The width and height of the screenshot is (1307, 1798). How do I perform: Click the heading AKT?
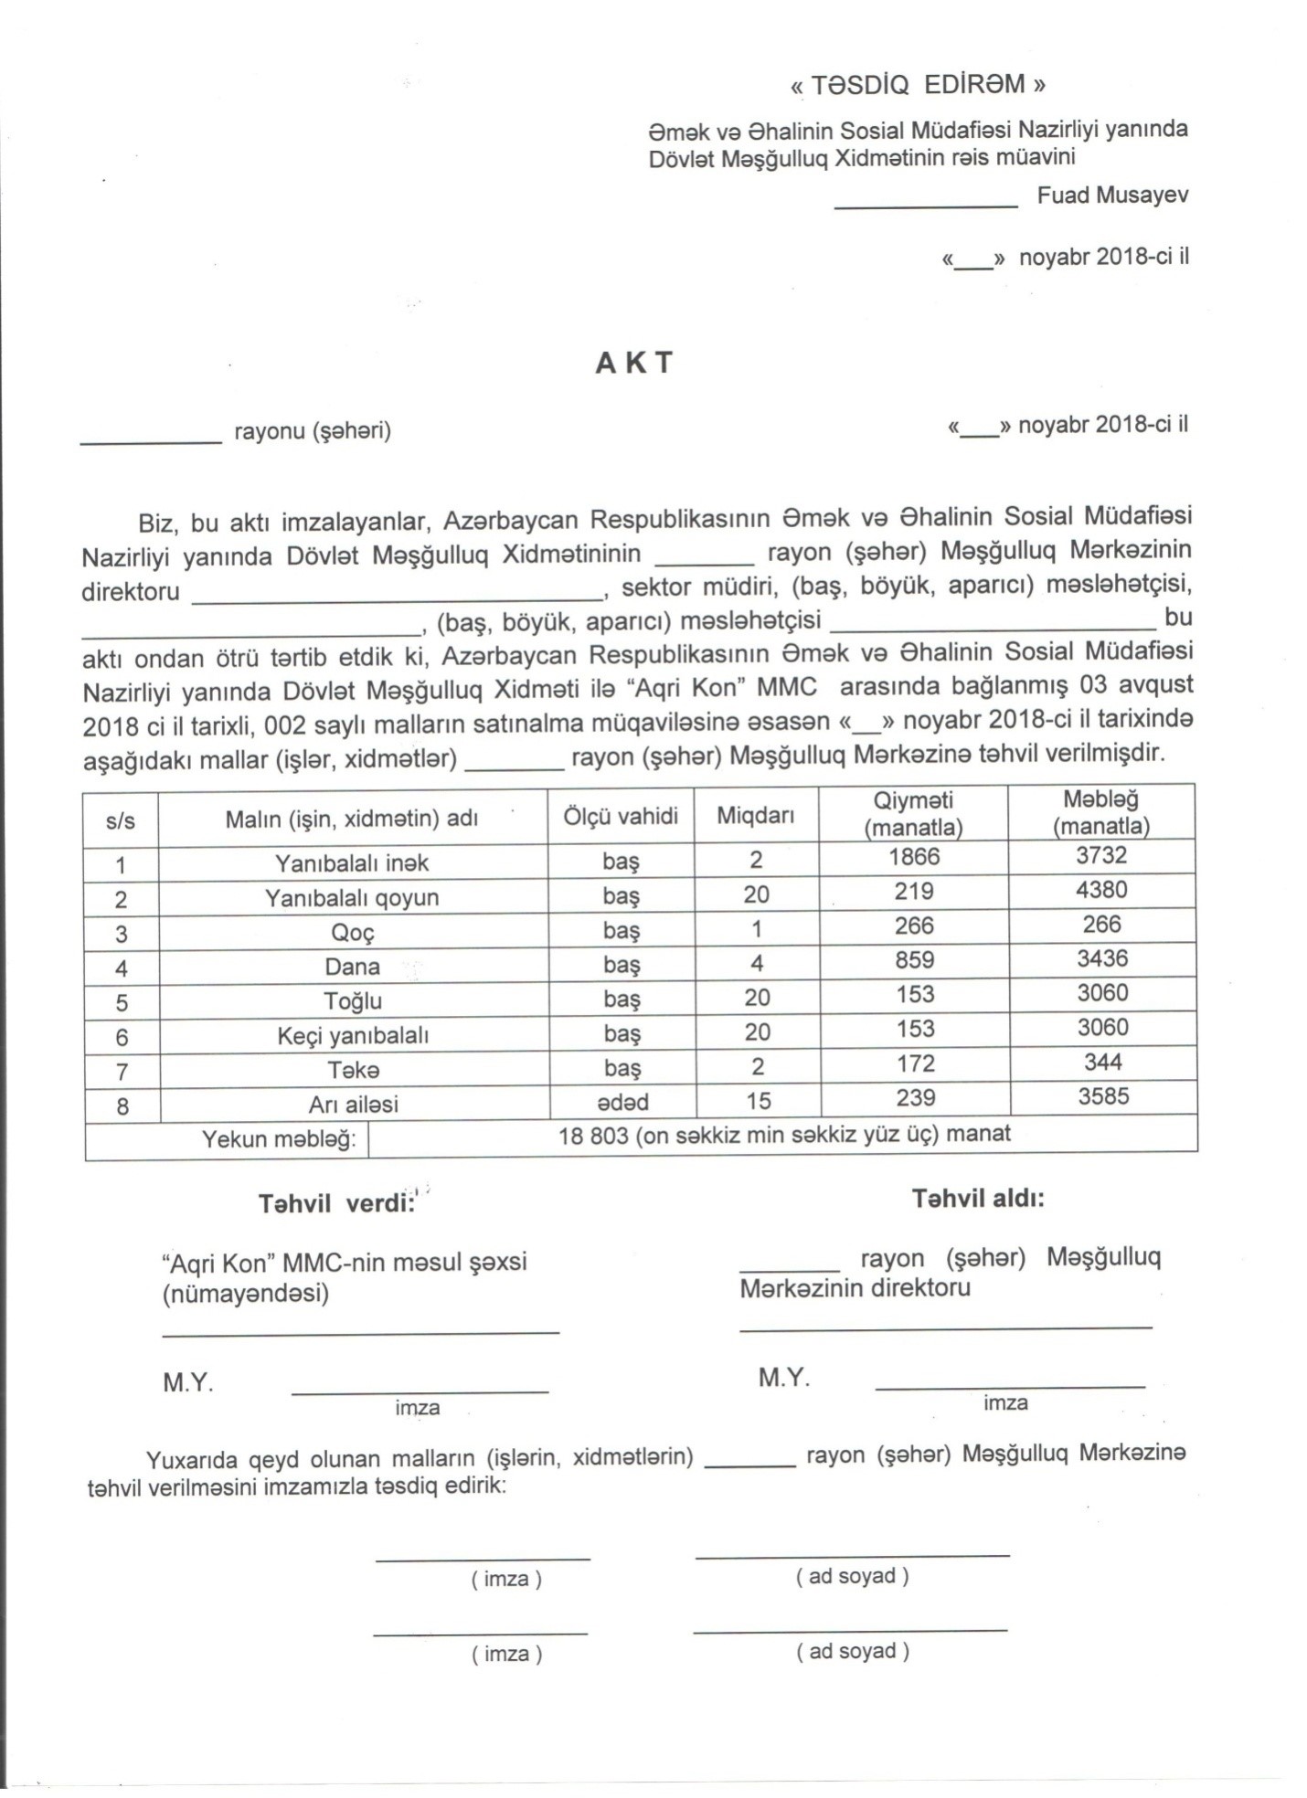tap(633, 363)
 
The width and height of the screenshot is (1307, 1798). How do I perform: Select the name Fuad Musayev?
tap(1112, 196)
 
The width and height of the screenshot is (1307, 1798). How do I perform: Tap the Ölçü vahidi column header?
tap(620, 816)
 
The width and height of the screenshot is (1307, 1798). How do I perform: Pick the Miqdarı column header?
tap(755, 816)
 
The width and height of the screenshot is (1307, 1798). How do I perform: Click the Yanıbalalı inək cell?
tap(352, 862)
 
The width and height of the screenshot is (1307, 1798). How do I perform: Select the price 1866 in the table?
tap(914, 857)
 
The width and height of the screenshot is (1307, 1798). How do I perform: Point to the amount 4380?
tap(1101, 890)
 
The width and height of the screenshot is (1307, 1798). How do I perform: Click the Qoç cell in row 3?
tap(353, 932)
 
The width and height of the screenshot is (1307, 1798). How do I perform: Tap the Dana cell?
tap(353, 967)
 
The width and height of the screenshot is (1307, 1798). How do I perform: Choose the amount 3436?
tap(1102, 958)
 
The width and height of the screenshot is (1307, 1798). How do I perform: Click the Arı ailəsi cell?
tap(353, 1105)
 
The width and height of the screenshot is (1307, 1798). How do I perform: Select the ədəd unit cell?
tap(622, 1102)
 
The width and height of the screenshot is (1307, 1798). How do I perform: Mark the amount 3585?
tap(1103, 1096)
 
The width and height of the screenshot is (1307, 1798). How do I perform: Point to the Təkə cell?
tap(353, 1070)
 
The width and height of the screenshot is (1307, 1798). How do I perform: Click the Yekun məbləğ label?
tap(278, 1139)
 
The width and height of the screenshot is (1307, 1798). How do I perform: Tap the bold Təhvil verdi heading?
tap(336, 1204)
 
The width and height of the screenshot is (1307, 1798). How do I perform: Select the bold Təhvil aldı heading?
tap(977, 1199)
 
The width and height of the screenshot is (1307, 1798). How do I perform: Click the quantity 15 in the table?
tap(758, 1101)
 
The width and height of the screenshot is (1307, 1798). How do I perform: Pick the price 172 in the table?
tap(915, 1063)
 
